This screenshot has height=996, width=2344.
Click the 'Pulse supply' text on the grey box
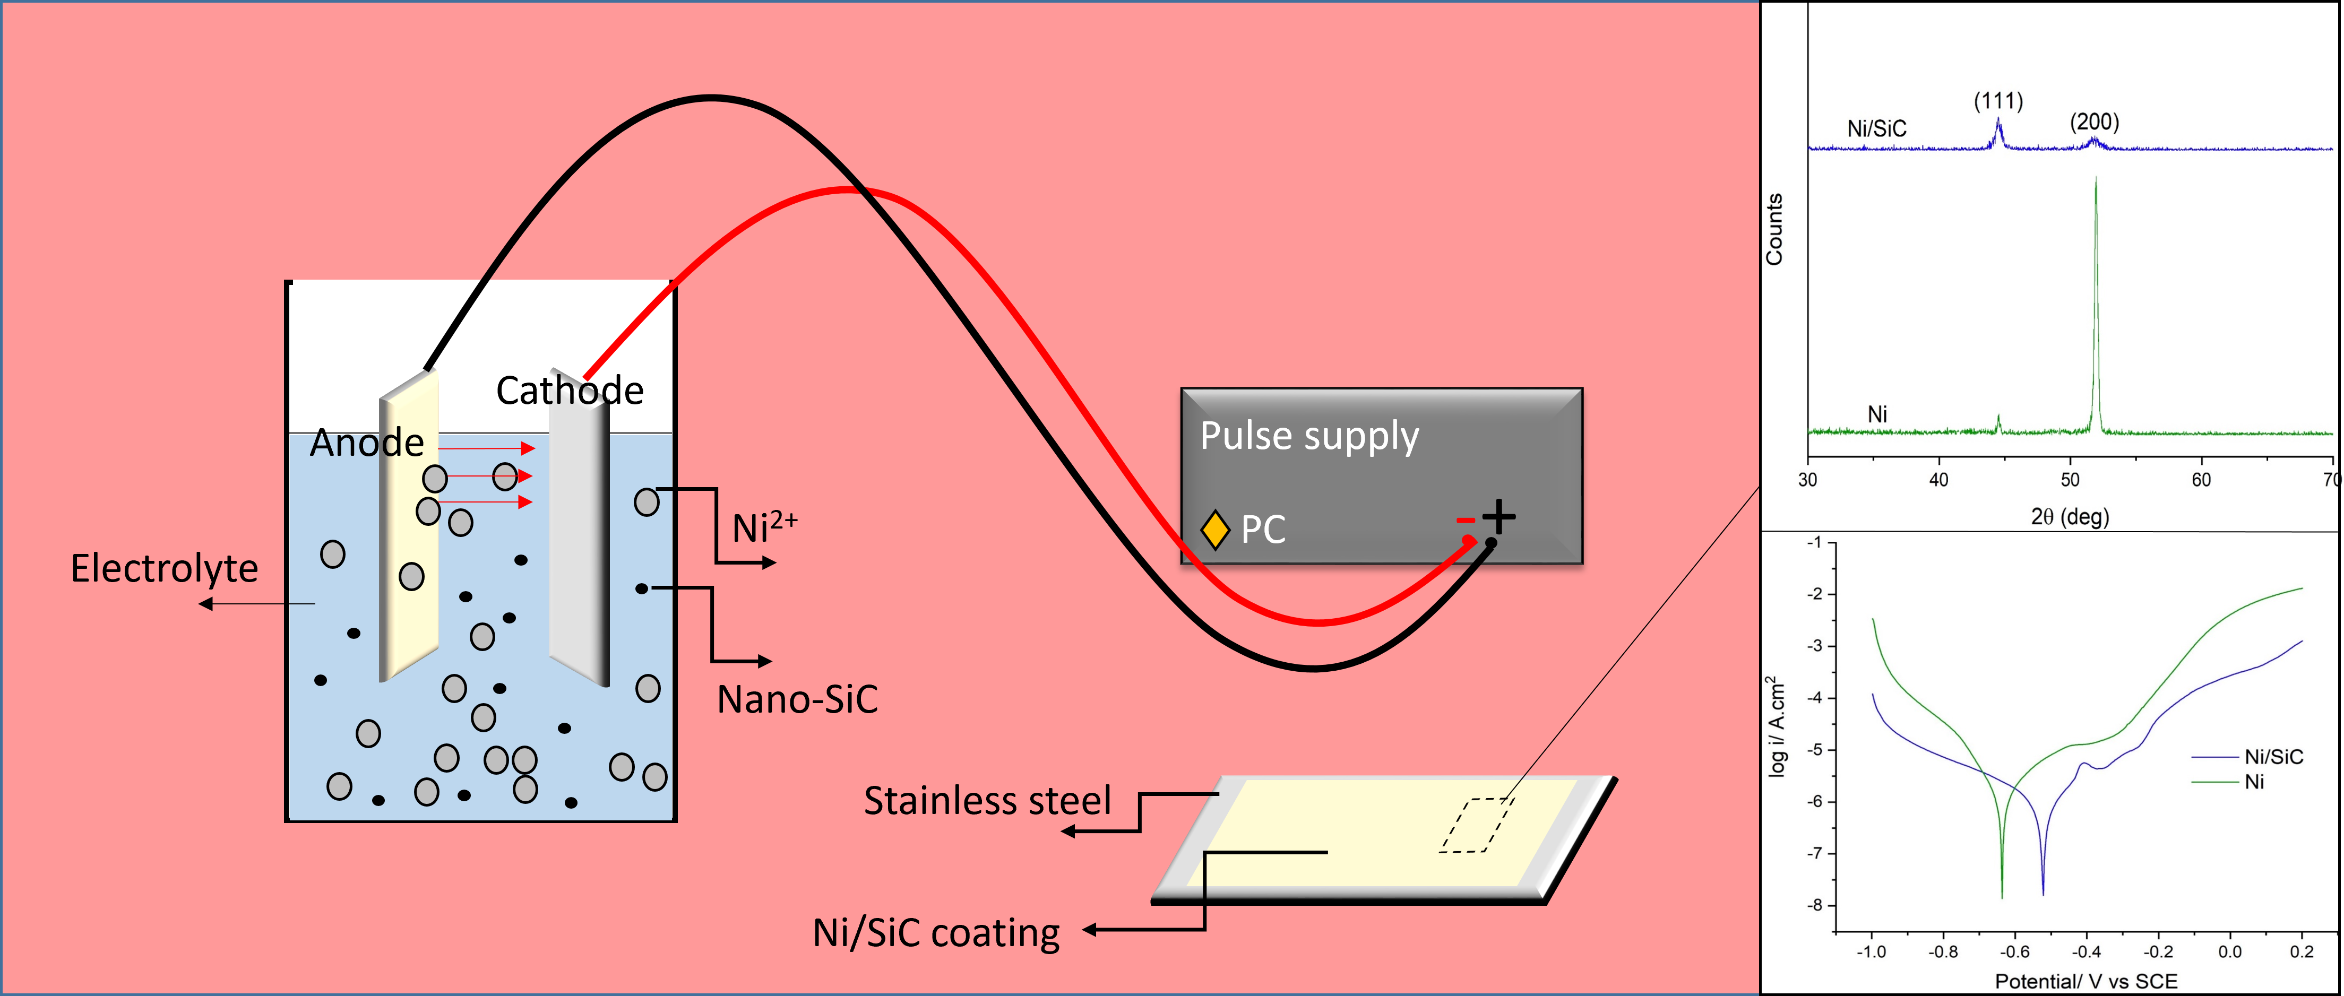pyautogui.click(x=1308, y=437)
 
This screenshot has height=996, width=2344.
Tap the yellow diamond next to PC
pyautogui.click(x=1215, y=530)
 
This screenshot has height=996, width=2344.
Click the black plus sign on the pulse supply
pyautogui.click(x=1498, y=517)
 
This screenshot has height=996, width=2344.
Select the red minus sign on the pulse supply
pyautogui.click(x=1465, y=520)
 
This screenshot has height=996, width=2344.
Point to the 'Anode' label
pyautogui.click(x=367, y=443)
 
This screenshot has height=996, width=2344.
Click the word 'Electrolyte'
pyautogui.click(x=165, y=568)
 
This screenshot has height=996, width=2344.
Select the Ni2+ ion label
pyautogui.click(x=764, y=526)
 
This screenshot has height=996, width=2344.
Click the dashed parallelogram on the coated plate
pyautogui.click(x=1476, y=825)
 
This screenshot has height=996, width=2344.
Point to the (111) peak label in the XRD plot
pyautogui.click(x=1998, y=101)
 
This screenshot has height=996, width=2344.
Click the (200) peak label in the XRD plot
pyautogui.click(x=2094, y=122)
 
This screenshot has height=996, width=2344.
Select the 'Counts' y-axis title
pyautogui.click(x=1774, y=229)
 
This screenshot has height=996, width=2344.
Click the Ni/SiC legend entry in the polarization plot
pyautogui.click(x=2273, y=757)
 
